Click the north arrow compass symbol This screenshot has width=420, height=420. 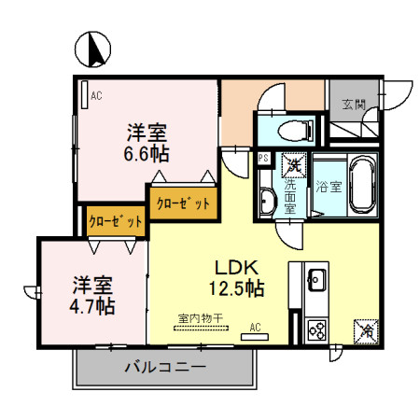[92, 49]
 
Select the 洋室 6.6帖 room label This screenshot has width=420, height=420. [147, 140]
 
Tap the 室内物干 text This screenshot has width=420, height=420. [200, 318]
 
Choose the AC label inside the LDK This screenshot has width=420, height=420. [255, 328]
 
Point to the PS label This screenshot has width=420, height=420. [263, 160]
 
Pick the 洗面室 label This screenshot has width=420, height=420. [290, 196]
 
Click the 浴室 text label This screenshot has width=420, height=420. [328, 187]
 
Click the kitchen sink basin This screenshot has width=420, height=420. [315, 278]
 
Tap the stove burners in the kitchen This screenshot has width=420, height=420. [315, 329]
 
